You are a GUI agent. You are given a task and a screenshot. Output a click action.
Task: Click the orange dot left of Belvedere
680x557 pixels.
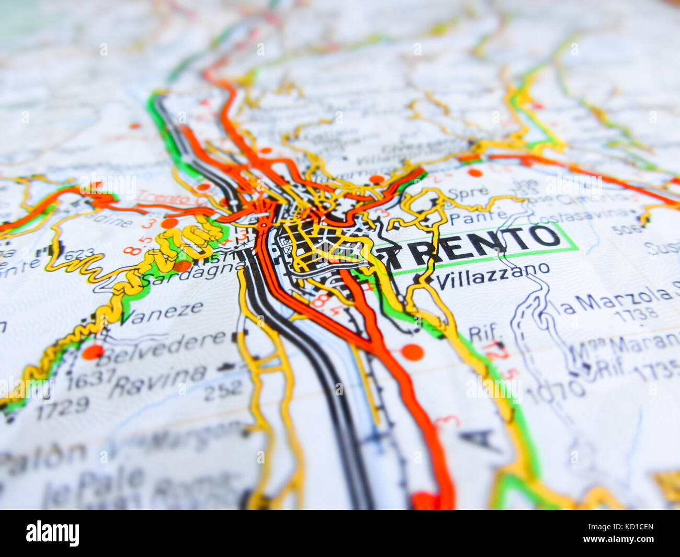[93, 352]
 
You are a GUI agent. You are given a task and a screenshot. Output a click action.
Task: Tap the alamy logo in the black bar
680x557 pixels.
[52, 533]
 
